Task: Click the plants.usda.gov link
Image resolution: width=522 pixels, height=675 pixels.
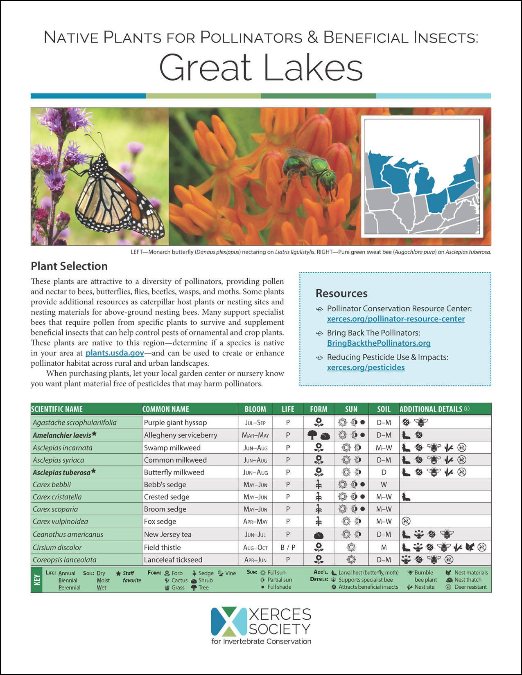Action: (x=115, y=353)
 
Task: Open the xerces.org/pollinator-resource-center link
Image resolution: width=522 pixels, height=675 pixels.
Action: (x=395, y=319)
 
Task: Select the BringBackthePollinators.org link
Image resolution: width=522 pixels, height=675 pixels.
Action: (x=379, y=343)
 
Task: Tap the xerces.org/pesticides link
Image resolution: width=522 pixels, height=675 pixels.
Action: (x=366, y=367)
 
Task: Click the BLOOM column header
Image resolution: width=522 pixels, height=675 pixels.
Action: (x=255, y=409)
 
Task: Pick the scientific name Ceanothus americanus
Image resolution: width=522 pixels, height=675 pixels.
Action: (x=68, y=534)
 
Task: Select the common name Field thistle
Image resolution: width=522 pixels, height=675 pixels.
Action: (x=162, y=547)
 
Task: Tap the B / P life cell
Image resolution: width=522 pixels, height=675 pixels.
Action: (x=288, y=547)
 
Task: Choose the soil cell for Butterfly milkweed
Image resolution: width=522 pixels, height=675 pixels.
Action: (x=384, y=472)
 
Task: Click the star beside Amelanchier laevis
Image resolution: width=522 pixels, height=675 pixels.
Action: (x=94, y=434)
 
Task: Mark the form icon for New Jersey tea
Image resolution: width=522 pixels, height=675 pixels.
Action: (x=319, y=535)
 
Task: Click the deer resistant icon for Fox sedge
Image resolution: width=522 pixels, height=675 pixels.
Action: (x=406, y=521)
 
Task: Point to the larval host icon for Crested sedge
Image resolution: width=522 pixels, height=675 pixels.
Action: (x=406, y=497)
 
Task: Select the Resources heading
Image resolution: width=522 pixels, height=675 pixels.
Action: (x=341, y=293)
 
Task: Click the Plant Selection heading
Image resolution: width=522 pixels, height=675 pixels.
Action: (x=69, y=266)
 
